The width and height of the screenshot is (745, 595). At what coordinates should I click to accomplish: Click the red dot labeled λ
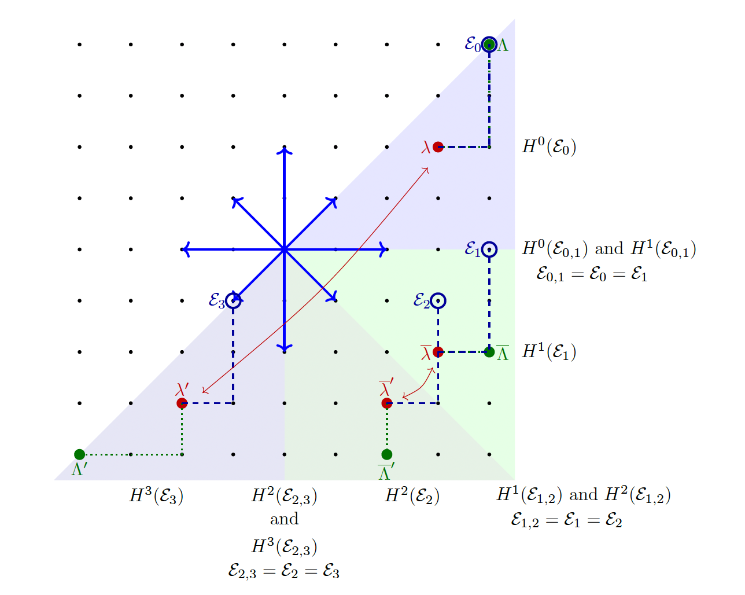click(438, 147)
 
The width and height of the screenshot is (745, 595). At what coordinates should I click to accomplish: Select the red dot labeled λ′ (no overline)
click(182, 403)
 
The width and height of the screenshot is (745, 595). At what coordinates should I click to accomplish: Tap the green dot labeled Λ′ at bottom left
click(80, 454)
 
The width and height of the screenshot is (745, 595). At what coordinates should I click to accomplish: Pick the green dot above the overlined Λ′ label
click(387, 454)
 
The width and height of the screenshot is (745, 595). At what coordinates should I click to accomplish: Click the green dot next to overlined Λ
click(489, 352)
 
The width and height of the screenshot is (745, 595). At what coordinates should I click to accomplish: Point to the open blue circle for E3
click(233, 300)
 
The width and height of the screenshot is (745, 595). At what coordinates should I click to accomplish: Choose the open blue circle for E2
click(438, 300)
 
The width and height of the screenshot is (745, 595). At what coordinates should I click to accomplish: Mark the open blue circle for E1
click(489, 249)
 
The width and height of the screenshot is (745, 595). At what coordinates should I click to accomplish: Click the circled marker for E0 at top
click(489, 44)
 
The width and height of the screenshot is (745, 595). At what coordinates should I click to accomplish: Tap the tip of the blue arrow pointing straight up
click(284, 149)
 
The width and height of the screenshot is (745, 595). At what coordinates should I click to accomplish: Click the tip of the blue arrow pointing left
click(183, 249)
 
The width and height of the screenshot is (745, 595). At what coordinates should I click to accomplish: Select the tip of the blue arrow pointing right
click(386, 249)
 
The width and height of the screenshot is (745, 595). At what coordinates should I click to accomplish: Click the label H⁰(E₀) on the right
click(549, 147)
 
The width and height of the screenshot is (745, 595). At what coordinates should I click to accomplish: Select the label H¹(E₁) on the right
click(549, 352)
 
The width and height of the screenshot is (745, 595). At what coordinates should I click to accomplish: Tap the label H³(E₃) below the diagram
click(156, 496)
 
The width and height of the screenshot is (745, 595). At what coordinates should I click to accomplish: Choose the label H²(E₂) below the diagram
click(412, 496)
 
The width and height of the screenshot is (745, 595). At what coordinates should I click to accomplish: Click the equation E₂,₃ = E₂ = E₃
click(284, 572)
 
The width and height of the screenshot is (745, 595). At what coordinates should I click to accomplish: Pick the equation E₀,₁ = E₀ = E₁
click(592, 274)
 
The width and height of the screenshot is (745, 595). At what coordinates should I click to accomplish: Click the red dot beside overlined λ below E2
click(438, 352)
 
